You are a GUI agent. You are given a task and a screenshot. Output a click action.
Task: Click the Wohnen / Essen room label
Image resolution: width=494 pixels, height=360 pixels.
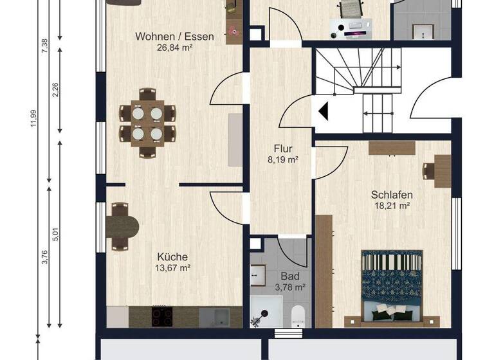pos(174,37)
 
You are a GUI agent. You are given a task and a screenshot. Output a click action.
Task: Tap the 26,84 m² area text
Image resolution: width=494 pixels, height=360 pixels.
pos(174,47)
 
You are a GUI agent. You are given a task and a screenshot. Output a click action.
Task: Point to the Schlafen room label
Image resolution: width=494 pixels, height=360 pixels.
pos(392,195)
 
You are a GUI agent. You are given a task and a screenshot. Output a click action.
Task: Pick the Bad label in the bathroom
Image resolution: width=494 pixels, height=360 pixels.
pos(287,276)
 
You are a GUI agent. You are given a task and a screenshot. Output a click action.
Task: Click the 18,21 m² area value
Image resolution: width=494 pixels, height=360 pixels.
pos(392,206)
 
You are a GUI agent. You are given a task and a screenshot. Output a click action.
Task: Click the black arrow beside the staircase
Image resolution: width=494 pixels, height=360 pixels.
pos(324,111)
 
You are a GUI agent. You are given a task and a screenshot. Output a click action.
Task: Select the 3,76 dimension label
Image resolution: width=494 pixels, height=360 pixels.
pos(44,256)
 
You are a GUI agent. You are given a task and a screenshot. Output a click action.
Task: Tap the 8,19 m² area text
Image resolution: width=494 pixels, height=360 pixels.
pos(282,159)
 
